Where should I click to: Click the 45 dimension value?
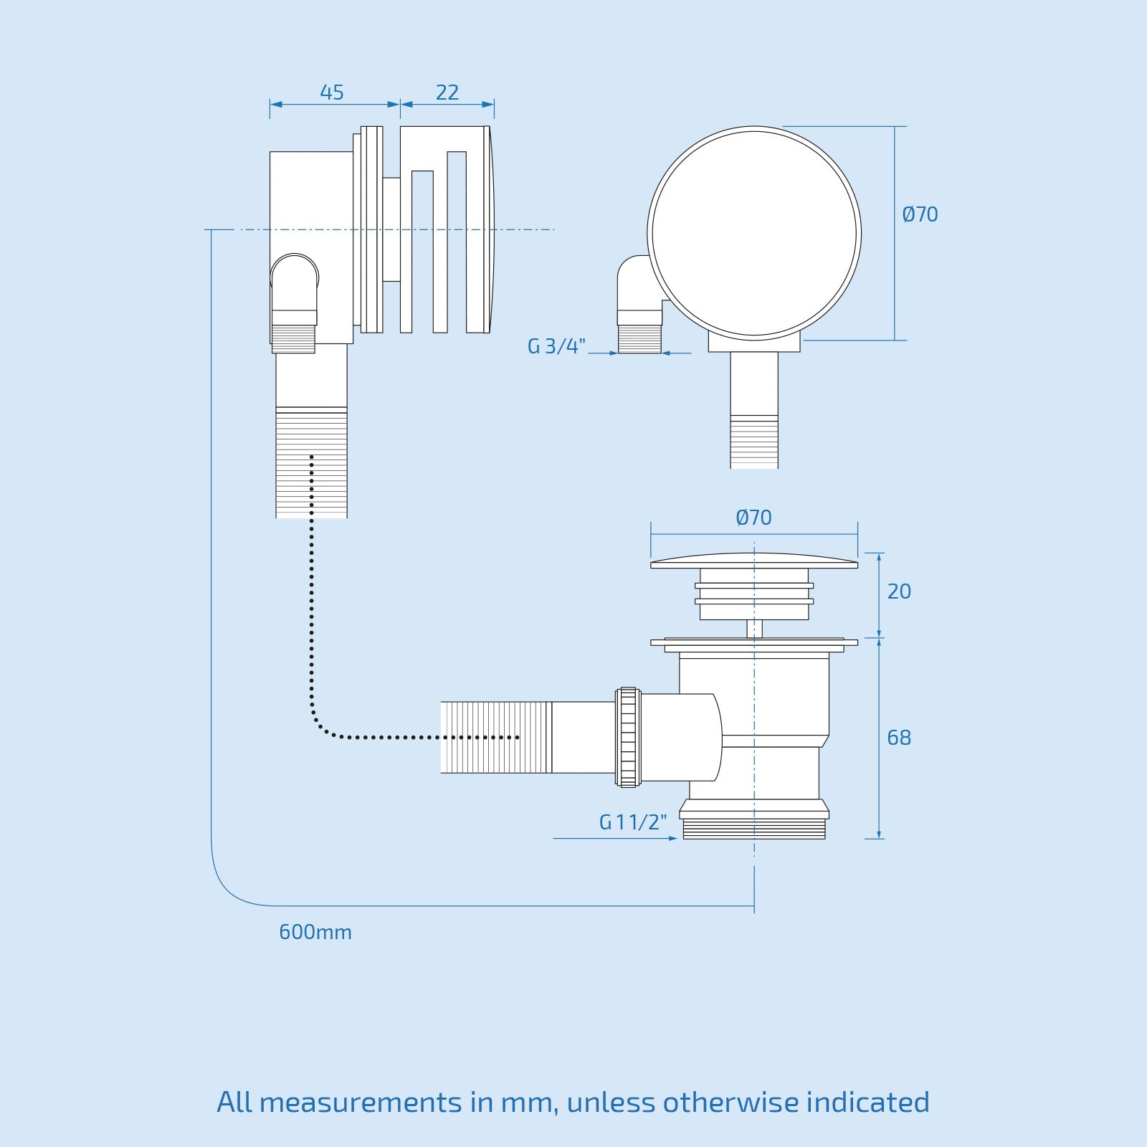tap(332, 92)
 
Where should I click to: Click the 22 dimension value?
tap(447, 92)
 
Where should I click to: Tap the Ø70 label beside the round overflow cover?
tap(920, 214)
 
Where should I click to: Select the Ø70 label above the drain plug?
tap(753, 518)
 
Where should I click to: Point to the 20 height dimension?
tap(899, 591)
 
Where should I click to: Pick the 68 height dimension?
tap(899, 738)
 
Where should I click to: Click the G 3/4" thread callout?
tap(556, 347)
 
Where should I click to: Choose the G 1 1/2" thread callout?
tap(633, 822)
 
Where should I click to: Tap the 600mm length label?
tap(315, 933)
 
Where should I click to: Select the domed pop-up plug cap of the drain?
tap(754, 560)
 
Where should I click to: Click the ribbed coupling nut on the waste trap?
tap(628, 738)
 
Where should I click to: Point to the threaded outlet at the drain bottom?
tap(754, 829)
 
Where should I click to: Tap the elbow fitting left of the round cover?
tap(635, 280)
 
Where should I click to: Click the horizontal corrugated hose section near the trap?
tap(495, 738)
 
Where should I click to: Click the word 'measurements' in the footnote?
tap(360, 1103)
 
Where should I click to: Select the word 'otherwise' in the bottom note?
tap(730, 1103)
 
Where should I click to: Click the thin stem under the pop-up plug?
tap(754, 629)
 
